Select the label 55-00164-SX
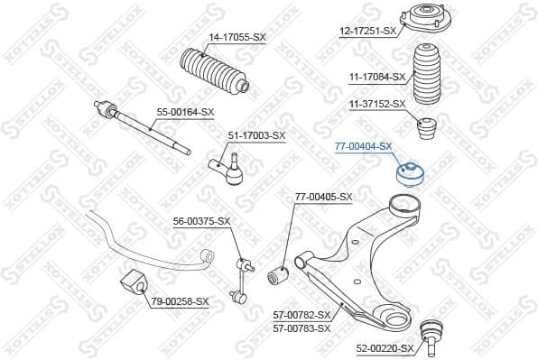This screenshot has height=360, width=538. tap(185, 112)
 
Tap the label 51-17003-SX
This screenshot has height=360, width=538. tap(255, 135)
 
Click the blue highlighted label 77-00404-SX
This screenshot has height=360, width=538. tap(363, 145)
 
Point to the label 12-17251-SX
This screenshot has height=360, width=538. tap(368, 31)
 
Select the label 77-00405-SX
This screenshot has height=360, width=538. tap(323, 197)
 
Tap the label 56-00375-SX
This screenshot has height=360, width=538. tap(202, 221)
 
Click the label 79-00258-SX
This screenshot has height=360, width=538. tap(180, 301)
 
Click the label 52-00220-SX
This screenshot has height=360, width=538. tap(385, 346)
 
